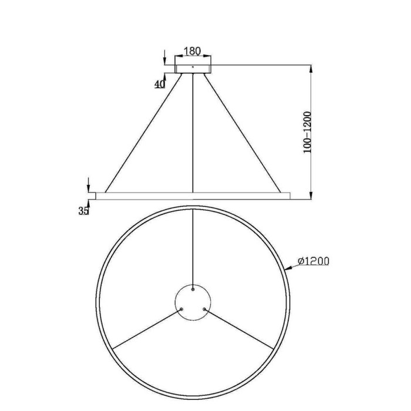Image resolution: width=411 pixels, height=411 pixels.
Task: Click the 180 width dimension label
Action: point(193,52)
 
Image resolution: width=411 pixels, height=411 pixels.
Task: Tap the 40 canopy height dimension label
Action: point(159,84)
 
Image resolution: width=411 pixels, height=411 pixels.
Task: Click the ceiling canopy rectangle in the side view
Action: point(193,69)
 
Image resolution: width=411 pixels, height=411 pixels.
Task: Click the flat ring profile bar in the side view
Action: point(193,194)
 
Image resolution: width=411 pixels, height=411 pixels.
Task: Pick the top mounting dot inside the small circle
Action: point(193,289)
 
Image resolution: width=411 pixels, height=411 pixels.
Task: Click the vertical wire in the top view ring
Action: point(193,247)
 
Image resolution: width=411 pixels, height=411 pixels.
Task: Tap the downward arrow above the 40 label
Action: point(166,59)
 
